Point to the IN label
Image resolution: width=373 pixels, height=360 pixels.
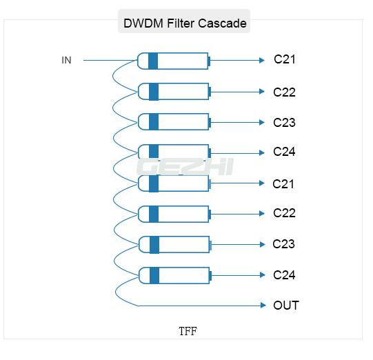pyautogui.click(x=66, y=61)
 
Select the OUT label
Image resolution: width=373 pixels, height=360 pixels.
pyautogui.click(x=286, y=306)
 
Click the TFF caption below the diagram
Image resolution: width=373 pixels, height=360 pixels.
pyautogui.click(x=188, y=331)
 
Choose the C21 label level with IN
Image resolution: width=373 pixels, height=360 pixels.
pyautogui.click(x=284, y=59)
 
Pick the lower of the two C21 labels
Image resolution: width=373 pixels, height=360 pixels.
pyautogui.click(x=283, y=183)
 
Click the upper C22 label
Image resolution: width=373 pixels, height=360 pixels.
pyautogui.click(x=284, y=92)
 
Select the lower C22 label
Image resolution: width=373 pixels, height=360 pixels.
pyautogui.click(x=284, y=213)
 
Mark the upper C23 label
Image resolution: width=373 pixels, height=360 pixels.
pyautogui.click(x=284, y=123)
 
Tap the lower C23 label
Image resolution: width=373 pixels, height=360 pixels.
pyautogui.click(x=283, y=244)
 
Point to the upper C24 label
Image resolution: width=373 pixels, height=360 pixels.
pyautogui.click(x=284, y=152)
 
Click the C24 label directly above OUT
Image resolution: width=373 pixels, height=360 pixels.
pyautogui.click(x=284, y=275)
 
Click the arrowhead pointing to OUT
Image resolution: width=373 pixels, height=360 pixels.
pyautogui.click(x=262, y=306)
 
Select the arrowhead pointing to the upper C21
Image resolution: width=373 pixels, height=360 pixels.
pyautogui.click(x=262, y=61)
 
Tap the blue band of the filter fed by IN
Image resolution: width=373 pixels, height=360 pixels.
pyautogui.click(x=153, y=61)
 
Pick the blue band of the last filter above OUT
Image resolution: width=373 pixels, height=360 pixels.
pyautogui.click(x=154, y=275)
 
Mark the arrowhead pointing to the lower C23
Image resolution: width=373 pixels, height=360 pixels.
pyautogui.click(x=262, y=244)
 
